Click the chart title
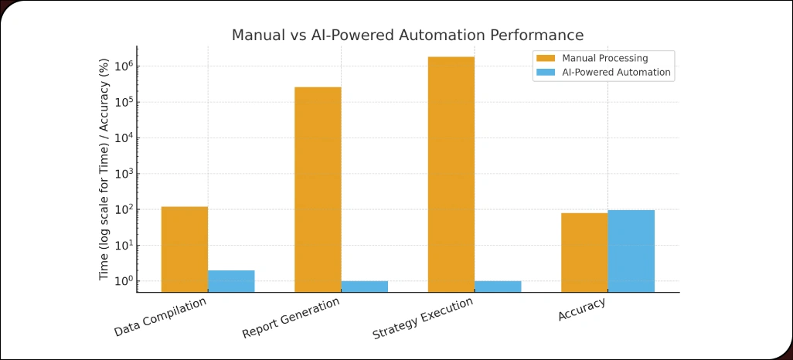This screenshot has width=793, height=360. [407, 36]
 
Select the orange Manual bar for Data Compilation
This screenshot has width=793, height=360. [184, 249]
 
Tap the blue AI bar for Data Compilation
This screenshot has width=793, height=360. [231, 281]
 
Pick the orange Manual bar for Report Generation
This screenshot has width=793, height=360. [318, 189]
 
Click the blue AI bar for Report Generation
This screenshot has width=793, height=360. [364, 286]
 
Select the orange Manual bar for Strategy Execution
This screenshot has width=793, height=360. [451, 174]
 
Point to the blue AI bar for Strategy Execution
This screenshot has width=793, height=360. [498, 286]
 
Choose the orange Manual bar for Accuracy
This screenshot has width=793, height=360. [584, 252]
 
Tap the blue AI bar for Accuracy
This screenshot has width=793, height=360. [631, 250]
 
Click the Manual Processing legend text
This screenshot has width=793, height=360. [604, 58]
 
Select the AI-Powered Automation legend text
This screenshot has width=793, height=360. [616, 73]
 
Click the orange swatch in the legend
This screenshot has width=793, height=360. [545, 58]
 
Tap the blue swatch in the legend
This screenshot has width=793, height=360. [545, 73]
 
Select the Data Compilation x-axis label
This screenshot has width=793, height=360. [161, 317]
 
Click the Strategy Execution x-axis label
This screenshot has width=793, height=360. [423, 318]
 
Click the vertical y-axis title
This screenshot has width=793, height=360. [104, 170]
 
